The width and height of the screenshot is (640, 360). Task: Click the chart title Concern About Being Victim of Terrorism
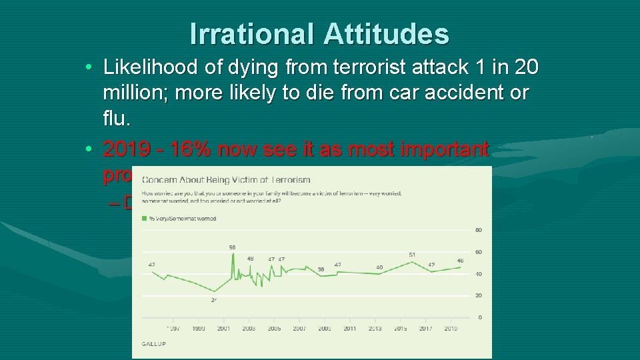[226, 180]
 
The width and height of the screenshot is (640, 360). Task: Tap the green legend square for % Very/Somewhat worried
[145, 219]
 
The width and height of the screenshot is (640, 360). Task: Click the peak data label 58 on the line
[232, 247]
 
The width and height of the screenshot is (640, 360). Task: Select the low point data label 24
[214, 300]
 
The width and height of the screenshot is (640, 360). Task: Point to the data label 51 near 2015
[413, 254]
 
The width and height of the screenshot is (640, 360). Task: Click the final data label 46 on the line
[460, 260]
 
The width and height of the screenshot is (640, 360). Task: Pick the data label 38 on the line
[321, 269]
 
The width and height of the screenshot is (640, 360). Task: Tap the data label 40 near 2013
[379, 267]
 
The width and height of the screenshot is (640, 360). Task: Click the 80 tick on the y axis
[479, 231]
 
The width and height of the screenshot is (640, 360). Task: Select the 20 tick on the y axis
[479, 295]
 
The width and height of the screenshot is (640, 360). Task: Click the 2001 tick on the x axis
[223, 329]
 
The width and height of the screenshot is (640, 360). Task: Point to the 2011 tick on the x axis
[349, 329]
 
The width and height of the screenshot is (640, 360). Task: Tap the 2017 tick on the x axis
[425, 329]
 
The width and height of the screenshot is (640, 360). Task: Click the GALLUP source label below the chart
[153, 344]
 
